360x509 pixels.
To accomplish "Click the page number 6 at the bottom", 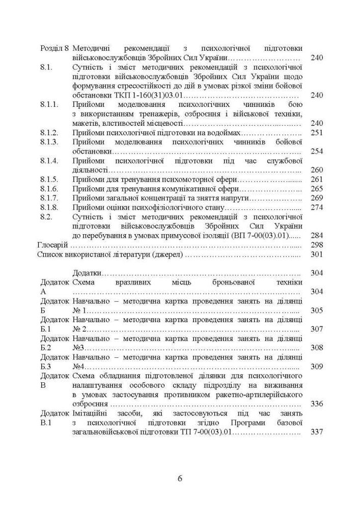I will point(180,478).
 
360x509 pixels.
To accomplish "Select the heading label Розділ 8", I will point(54,47).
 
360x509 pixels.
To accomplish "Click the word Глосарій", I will point(53,245).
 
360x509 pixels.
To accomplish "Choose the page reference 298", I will point(317,245).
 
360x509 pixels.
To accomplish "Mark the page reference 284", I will point(317,236).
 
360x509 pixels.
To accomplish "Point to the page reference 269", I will point(317,198).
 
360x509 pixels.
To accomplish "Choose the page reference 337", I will point(317,432).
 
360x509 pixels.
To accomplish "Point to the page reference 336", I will point(317,404).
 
